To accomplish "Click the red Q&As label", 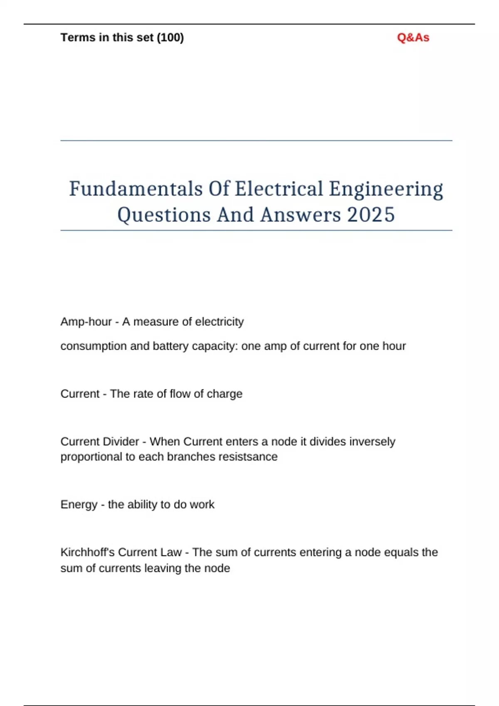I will [x=413, y=38].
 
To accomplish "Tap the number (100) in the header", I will [x=170, y=38].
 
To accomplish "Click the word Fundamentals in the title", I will [x=136, y=189].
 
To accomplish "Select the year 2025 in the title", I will [x=371, y=215].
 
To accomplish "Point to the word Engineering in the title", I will [x=386, y=189].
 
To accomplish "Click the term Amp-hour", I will [x=86, y=322].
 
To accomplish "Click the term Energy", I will [x=79, y=505].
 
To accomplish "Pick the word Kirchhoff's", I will [x=87, y=552].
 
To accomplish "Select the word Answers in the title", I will [x=300, y=215].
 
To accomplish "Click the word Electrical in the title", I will [x=279, y=189].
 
